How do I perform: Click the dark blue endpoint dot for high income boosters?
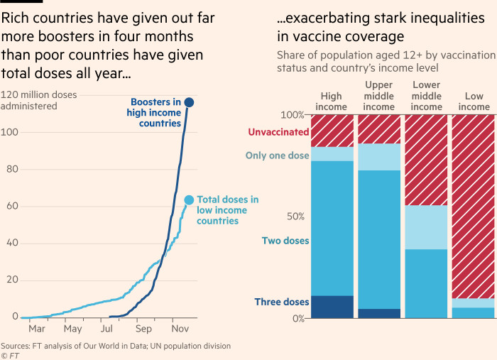(x=189, y=103)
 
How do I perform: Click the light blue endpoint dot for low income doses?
(x=188, y=200)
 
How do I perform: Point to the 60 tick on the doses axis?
(x=7, y=206)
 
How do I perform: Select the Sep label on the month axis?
(x=143, y=329)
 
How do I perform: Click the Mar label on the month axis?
(x=36, y=329)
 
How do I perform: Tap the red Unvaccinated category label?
(x=278, y=131)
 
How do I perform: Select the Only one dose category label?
(x=277, y=156)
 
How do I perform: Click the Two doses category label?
(x=285, y=241)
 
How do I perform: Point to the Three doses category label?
(x=282, y=302)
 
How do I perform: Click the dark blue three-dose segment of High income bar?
(x=332, y=306)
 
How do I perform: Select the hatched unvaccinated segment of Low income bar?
(x=474, y=206)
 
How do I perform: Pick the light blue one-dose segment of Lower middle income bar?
(x=426, y=227)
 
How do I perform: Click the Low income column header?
(x=474, y=102)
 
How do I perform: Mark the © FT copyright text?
(x=9, y=355)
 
